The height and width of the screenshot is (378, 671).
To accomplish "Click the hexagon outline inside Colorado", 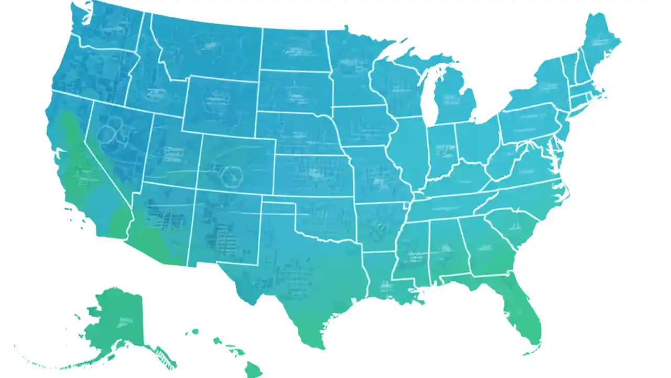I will click(x=232, y=176).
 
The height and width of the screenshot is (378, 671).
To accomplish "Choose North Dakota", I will click(x=294, y=50).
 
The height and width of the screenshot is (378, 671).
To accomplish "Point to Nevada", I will click(x=118, y=142).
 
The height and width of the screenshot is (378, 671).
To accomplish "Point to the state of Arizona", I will click(x=160, y=226).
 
